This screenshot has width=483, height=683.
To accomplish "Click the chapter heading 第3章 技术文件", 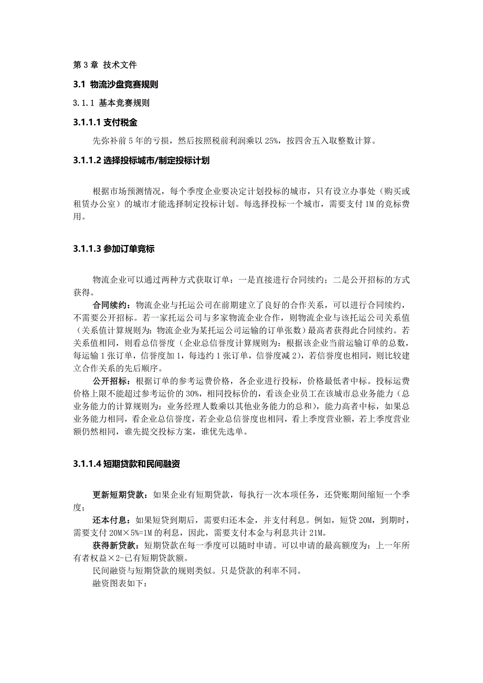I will click(x=104, y=65).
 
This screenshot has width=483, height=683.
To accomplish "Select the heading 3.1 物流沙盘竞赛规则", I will click(x=116, y=84).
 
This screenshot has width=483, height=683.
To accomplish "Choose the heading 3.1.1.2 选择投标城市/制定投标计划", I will click(x=141, y=161).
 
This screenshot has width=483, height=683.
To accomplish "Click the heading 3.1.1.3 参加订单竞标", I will click(x=114, y=249).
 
